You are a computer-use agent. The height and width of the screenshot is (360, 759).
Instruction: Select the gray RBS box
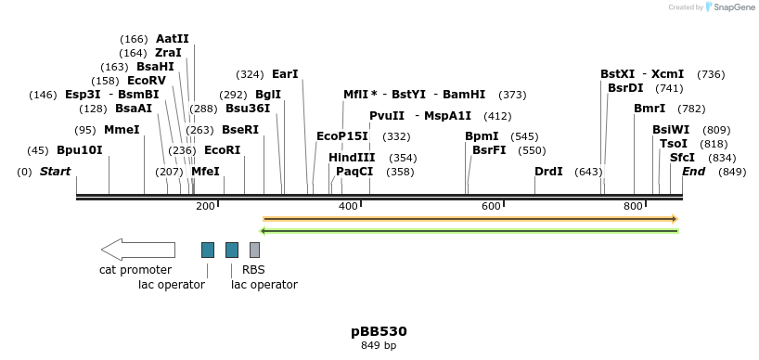254,250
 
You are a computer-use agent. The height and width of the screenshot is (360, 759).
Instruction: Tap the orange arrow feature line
470,219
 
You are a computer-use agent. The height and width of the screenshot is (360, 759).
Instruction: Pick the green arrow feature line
470,231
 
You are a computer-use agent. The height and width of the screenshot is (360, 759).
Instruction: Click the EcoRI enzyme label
222,150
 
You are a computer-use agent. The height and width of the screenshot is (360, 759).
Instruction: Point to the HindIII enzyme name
352,158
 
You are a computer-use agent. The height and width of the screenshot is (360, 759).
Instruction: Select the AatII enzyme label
172,39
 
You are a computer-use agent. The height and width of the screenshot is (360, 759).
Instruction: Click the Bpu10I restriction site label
80,150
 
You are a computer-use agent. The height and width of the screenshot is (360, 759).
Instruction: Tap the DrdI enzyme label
548,172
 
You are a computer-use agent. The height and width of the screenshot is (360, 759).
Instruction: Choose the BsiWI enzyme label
671,130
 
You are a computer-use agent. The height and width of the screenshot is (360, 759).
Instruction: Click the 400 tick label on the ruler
348,206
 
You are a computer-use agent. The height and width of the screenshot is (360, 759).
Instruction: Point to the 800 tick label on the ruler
634,206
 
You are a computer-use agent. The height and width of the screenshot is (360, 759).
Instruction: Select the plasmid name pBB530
379,331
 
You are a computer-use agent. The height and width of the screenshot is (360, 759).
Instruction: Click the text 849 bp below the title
379,346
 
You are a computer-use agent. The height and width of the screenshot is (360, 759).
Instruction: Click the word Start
55,172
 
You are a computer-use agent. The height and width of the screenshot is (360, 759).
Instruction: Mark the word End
694,172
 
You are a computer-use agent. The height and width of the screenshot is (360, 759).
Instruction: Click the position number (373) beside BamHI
512,95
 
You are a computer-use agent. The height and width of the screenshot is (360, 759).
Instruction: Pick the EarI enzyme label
285,74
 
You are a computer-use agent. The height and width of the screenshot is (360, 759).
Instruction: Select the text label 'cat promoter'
135,270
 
